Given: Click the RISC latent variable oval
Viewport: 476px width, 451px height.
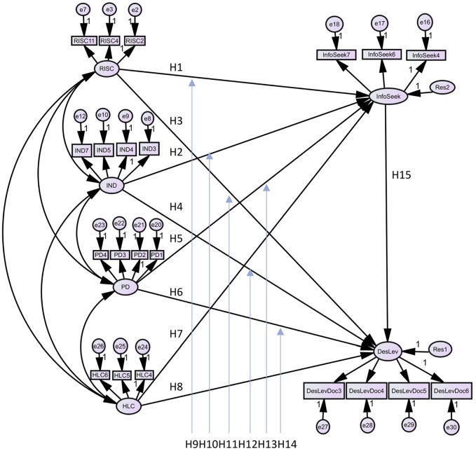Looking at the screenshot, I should tap(107, 69).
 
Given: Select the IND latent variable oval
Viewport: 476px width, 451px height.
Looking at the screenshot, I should tap(111, 185).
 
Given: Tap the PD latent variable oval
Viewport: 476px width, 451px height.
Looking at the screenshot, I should tap(124, 286).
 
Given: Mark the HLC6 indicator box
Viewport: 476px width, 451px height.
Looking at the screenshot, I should tap(100, 375).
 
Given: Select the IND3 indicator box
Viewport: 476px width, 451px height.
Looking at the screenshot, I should tap(148, 148).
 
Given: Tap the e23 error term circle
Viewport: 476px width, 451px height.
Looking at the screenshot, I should tap(100, 225).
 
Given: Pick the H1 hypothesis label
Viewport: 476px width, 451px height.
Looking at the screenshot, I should tap(176, 67).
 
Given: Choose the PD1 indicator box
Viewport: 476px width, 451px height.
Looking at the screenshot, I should tap(157, 254).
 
